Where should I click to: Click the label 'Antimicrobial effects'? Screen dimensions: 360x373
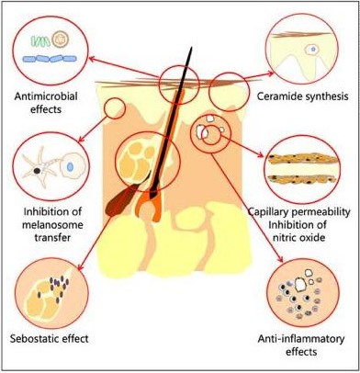coord(46,103)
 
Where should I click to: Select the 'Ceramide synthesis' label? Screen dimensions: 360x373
coord(302,96)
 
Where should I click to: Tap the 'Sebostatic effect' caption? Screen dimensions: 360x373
coord(50,339)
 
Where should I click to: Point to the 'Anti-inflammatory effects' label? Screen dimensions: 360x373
coord(301,345)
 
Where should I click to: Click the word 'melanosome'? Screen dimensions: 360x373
coord(53,225)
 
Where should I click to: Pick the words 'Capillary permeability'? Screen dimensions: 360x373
coord(298,212)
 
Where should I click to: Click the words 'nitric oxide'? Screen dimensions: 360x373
coord(297,237)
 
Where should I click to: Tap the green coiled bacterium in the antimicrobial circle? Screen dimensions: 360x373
coord(40,41)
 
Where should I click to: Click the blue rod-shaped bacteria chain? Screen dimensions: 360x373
coord(50,59)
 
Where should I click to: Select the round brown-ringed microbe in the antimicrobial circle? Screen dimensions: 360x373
coord(60,40)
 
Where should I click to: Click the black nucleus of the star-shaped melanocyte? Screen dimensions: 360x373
coord(37,171)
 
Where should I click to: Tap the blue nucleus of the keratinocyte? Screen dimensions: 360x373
coord(70,167)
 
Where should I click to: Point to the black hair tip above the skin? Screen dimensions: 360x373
coord(191,48)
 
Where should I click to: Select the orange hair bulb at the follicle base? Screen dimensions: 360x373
coord(150,204)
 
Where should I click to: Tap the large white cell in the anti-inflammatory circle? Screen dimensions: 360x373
coord(300,285)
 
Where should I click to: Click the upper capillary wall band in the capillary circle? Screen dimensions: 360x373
coord(302,159)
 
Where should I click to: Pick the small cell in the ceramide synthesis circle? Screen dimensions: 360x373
coord(312,49)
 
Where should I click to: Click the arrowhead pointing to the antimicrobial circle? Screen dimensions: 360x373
coord(91,58)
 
